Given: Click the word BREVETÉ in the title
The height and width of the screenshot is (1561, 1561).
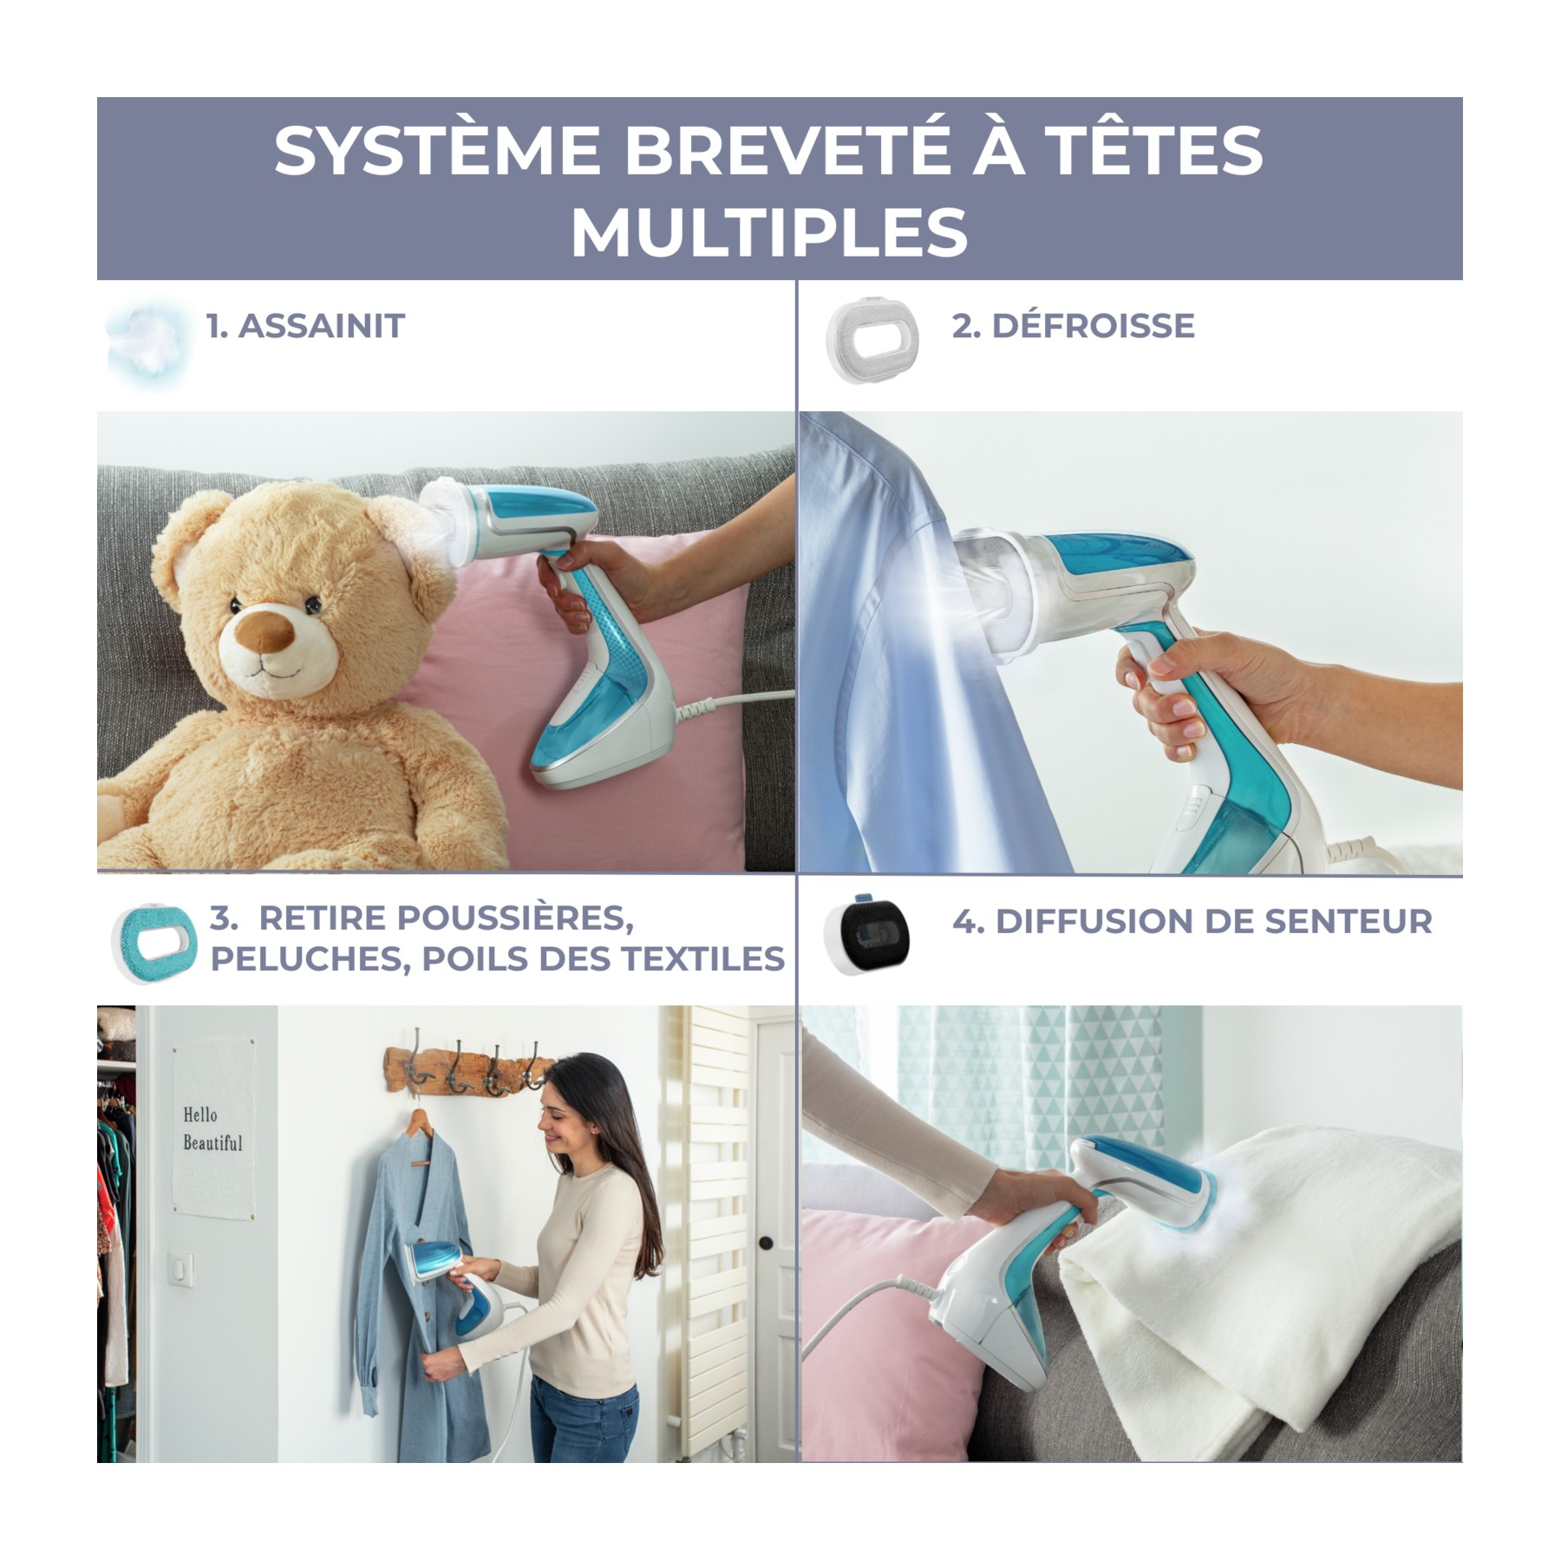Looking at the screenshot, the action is [x=787, y=150].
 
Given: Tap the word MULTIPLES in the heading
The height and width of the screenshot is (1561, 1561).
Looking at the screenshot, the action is [x=769, y=232].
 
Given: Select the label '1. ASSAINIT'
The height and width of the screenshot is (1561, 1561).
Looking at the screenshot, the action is [x=305, y=326].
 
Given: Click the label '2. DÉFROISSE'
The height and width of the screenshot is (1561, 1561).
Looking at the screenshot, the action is [x=1073, y=326].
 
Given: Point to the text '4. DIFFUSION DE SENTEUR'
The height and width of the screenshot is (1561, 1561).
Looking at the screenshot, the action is [x=1192, y=921].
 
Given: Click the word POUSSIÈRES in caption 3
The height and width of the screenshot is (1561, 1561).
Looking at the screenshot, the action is [x=446, y=918].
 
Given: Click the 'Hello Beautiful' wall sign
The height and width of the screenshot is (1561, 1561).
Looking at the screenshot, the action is [x=213, y=1128].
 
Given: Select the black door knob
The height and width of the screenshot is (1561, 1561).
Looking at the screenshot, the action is [x=766, y=1244].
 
